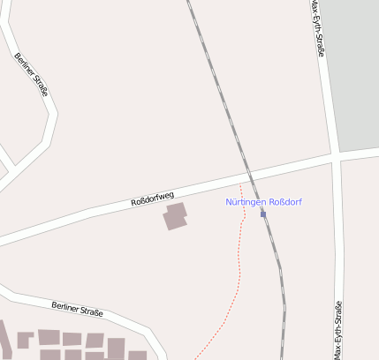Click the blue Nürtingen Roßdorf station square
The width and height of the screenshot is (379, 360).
coord(263,214)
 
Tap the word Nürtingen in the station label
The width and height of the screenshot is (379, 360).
coord(246,202)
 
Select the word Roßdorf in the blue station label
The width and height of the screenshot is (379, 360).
coord(285,202)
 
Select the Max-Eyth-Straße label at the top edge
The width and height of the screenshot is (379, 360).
coord(318,28)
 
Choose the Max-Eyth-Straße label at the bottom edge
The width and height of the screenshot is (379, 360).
coord(338,330)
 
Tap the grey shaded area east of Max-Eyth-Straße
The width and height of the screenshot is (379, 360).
coord(358,71)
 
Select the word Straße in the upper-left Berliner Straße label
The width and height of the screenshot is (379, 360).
coord(40,85)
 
